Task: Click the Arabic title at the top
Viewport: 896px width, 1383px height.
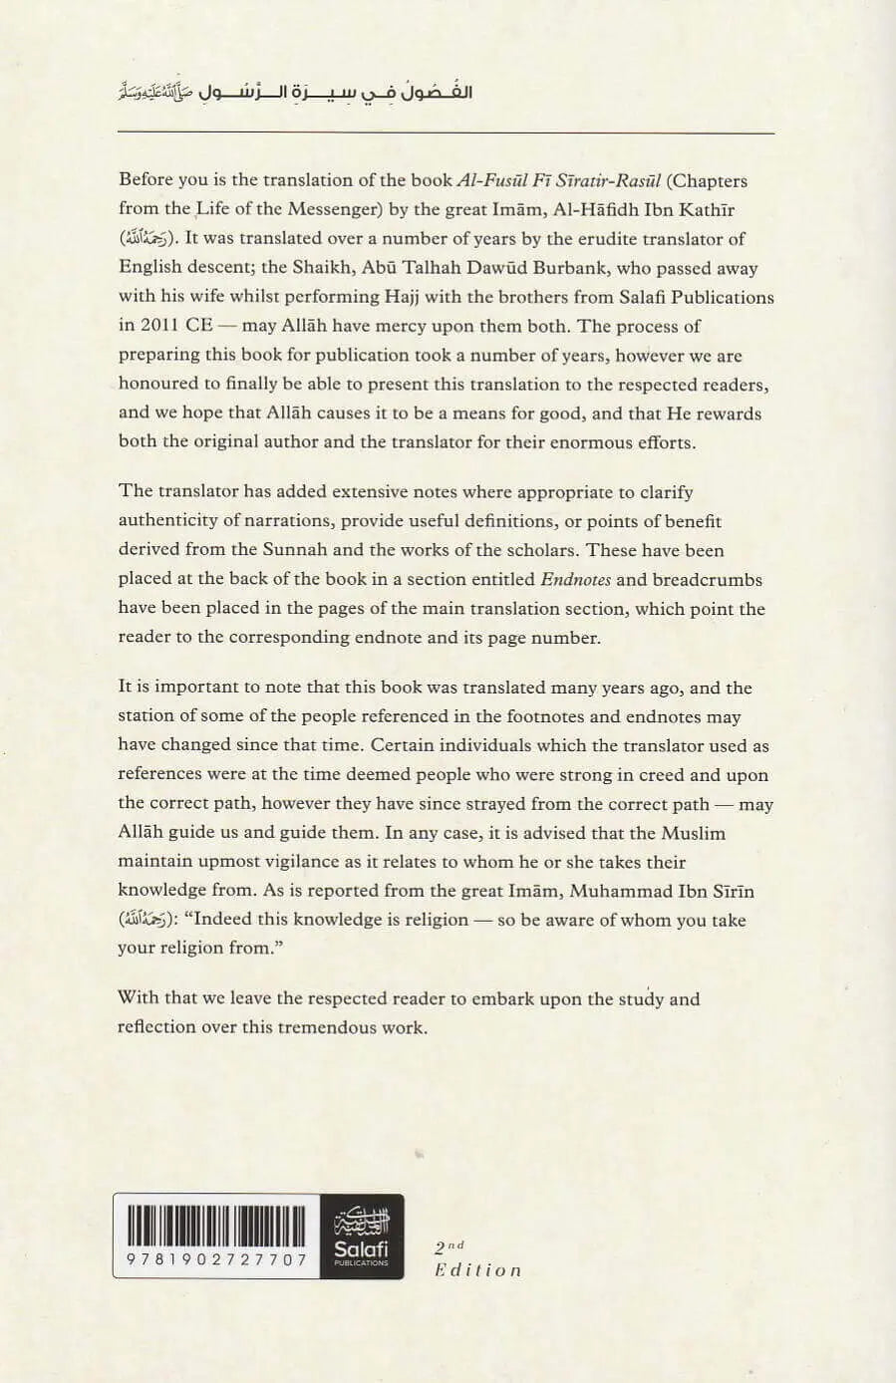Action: (x=295, y=92)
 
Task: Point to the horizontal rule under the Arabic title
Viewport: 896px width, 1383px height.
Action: (x=446, y=133)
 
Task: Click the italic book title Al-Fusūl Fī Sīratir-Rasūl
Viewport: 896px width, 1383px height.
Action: (x=558, y=180)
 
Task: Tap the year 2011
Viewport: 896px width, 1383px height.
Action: (x=159, y=326)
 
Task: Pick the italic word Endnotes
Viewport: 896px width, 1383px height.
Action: (x=577, y=579)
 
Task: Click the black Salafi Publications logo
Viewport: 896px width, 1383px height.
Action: (x=362, y=1237)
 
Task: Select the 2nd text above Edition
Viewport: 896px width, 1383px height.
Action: (x=449, y=1245)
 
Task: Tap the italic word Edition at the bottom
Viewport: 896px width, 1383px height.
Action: (x=477, y=1270)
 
